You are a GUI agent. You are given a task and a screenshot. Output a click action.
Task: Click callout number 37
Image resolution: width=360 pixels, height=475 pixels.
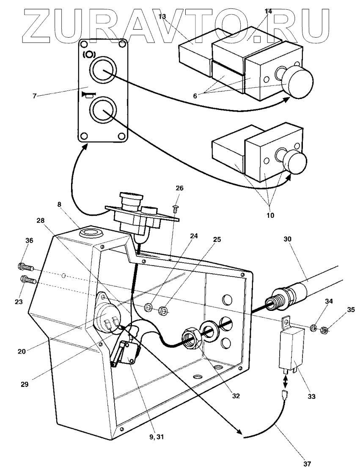pos(307,464)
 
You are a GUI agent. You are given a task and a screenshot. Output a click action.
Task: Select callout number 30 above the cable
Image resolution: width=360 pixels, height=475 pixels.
pos(287,239)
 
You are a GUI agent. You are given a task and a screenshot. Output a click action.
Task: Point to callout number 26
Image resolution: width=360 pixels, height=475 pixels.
pos(179,188)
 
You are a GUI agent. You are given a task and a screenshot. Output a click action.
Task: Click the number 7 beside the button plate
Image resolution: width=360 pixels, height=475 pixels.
pos(35,96)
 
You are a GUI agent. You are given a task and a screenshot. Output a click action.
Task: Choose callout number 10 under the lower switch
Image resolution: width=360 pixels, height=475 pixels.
pos(270,215)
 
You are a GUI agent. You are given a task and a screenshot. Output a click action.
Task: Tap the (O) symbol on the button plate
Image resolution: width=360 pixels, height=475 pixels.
pos(89,55)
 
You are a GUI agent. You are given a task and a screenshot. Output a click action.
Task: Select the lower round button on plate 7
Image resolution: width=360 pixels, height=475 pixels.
pos(103,110)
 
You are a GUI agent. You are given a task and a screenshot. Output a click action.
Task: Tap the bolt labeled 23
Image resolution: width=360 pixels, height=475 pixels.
pos(28,280)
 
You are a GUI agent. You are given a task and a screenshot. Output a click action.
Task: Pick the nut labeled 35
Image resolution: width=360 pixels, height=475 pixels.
pos(324,329)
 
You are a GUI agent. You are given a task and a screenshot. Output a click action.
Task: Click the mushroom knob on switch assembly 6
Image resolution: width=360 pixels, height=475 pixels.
pos(299,83)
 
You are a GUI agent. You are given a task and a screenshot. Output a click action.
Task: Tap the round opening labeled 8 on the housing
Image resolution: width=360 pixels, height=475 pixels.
pos(91,233)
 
